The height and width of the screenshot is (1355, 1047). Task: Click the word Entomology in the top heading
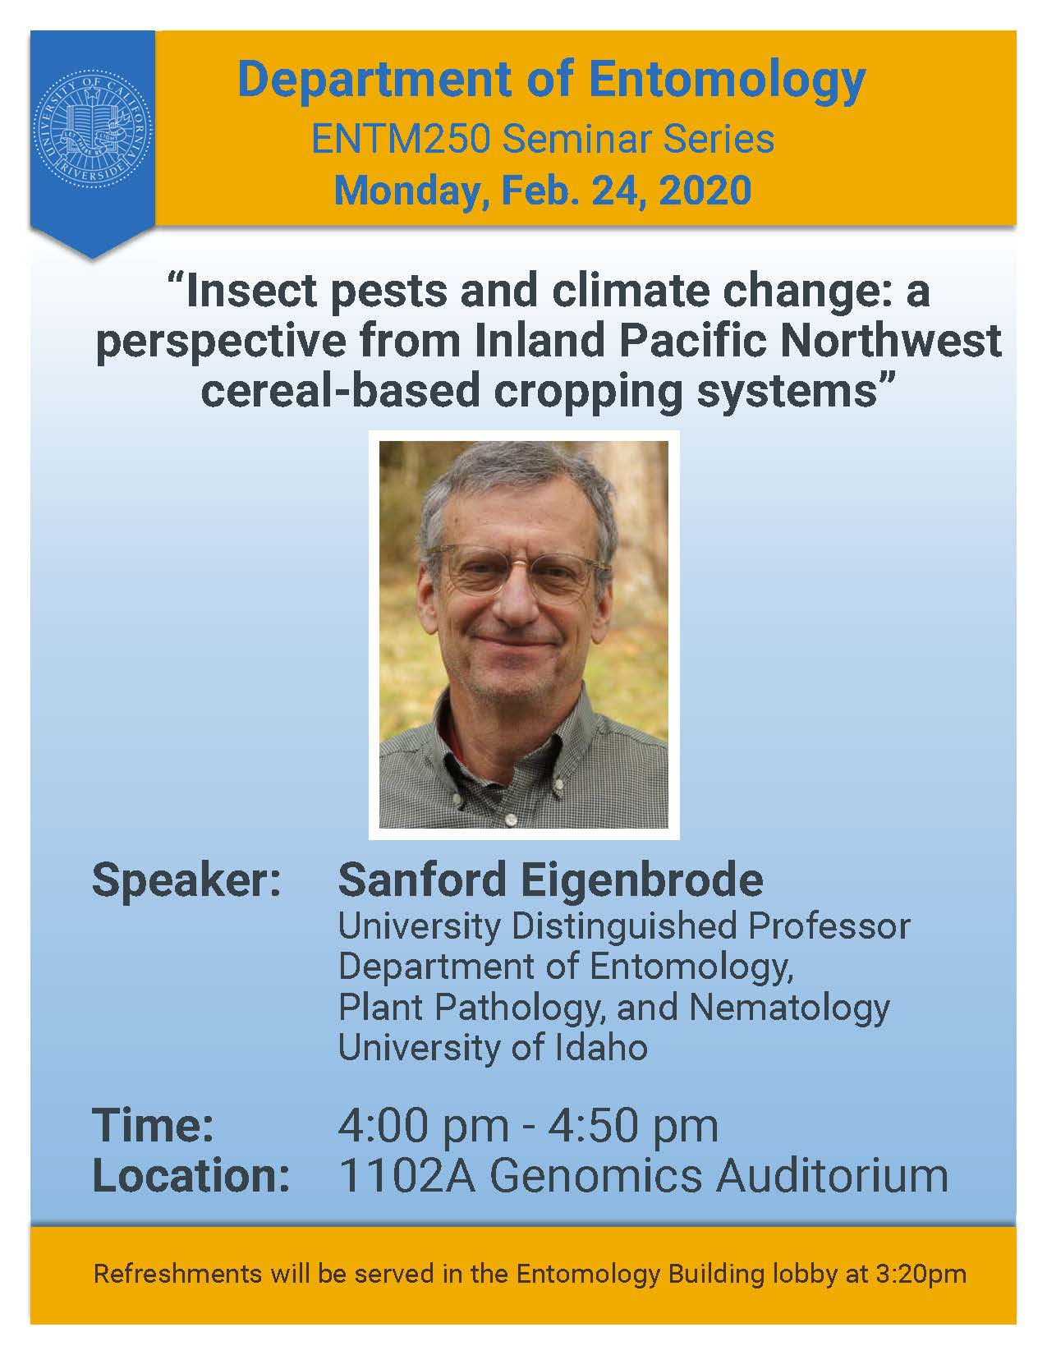point(727,81)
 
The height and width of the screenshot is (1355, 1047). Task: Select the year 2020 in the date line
point(705,190)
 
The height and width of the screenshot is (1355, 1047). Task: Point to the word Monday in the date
point(411,191)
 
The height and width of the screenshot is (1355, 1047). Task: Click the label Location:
point(191,1176)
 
